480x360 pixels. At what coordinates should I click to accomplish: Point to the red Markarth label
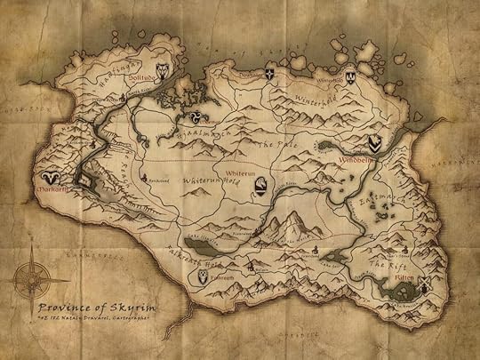49,189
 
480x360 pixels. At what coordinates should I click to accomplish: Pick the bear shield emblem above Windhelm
376,142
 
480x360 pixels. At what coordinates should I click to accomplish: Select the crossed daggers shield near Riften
424,285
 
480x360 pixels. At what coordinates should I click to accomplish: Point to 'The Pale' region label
272,142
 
